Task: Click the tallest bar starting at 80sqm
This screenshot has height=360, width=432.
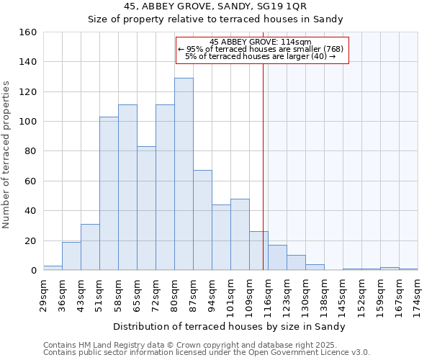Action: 184,174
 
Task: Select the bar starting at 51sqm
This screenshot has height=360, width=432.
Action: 109,194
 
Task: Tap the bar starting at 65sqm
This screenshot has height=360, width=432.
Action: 146,209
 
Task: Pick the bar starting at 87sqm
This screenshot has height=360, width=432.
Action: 202,220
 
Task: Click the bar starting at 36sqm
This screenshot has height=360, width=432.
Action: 71,256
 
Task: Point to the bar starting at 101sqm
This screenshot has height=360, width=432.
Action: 240,235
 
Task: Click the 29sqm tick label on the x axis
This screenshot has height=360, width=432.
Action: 43,292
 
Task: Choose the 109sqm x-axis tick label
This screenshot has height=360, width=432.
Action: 249,294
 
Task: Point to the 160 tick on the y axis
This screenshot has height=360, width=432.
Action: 28,32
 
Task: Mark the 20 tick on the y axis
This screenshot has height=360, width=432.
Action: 30,240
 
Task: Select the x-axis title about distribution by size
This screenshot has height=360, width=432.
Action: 230,326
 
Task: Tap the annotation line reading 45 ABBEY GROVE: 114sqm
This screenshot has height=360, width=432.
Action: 261,42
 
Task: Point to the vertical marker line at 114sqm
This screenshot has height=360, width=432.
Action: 263,166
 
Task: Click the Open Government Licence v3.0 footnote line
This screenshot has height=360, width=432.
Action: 207,353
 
